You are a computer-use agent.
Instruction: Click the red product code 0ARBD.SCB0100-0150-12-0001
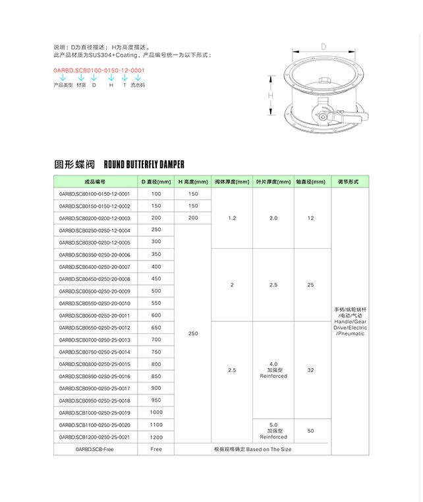(x=99, y=69)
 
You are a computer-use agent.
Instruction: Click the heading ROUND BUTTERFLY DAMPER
(x=144, y=164)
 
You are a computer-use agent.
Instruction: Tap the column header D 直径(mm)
(x=155, y=181)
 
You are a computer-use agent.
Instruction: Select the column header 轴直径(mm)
(x=310, y=181)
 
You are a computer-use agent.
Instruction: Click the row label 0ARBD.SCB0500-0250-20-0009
(x=95, y=291)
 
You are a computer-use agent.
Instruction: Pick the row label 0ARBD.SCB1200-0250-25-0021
(x=95, y=437)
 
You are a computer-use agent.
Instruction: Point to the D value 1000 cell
(x=155, y=412)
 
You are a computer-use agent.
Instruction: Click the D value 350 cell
(x=155, y=255)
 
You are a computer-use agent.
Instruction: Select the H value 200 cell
(x=193, y=218)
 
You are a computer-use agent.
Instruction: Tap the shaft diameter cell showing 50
(x=310, y=430)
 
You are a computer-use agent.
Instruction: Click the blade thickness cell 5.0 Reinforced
(x=273, y=430)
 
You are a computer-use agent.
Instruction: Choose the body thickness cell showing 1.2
(x=232, y=218)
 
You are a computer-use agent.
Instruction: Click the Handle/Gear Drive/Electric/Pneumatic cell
(x=350, y=322)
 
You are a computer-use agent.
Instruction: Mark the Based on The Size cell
(x=252, y=449)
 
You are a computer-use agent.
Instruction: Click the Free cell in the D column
(x=155, y=449)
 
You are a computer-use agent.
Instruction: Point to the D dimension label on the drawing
(x=324, y=47)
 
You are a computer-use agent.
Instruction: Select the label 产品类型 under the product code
(x=63, y=85)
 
